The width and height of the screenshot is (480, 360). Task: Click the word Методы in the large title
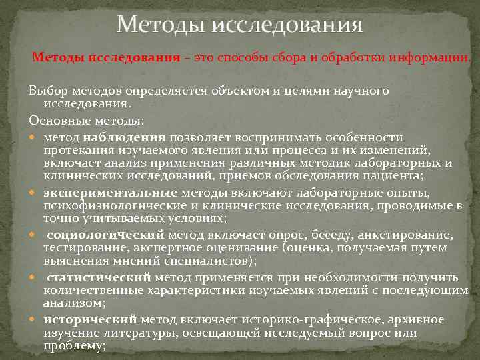point(160,26)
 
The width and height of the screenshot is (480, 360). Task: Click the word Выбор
point(47,91)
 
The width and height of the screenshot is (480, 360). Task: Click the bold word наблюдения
point(120,136)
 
